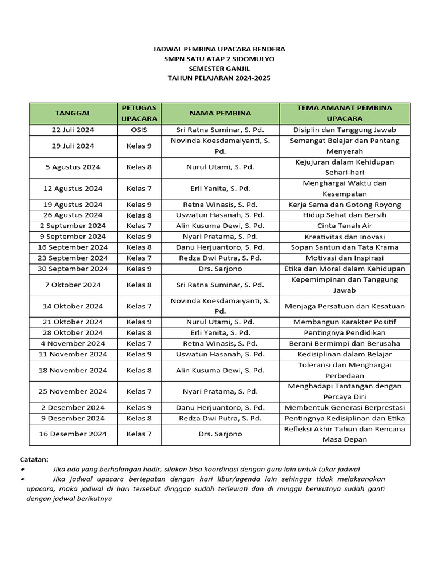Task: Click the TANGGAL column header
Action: tap(73, 113)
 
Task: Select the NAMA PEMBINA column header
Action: tap(220, 113)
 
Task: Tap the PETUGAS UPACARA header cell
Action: tap(139, 113)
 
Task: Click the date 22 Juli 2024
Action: tap(73, 130)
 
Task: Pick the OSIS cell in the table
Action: tap(139, 130)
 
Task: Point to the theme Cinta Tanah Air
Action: tap(344, 226)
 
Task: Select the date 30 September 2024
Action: tap(73, 269)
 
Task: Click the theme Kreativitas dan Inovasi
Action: tap(344, 237)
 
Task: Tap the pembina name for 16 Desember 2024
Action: tap(220, 434)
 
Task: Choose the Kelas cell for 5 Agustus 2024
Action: tap(139, 167)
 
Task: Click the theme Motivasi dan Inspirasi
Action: tap(344, 258)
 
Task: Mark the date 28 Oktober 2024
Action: tap(73, 332)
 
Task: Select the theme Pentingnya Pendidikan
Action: tap(344, 332)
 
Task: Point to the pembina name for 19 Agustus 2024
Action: tap(220, 205)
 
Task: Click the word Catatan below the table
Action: tap(34, 459)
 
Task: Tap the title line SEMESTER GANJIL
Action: tap(219, 67)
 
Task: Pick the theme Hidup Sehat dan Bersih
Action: tap(344, 215)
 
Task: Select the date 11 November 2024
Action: tap(73, 354)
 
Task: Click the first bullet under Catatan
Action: tap(22, 469)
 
